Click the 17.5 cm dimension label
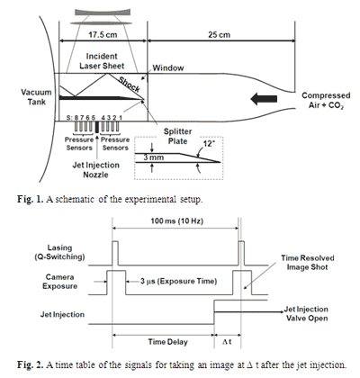coord(103,35)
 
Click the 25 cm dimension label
coord(220,35)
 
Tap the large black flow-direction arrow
coord(264,99)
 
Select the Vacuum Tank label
coord(37,97)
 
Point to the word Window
coord(168,68)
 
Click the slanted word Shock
coord(130,85)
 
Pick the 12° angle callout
coord(209,144)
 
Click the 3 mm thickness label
coord(153,157)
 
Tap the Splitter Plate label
coord(177,136)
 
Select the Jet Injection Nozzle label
coord(95,170)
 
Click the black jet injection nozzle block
coord(97,127)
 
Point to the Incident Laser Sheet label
coord(102,61)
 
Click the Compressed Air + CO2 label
coord(326,101)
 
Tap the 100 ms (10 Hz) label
coord(177,221)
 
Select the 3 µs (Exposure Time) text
coord(178,281)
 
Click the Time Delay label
coord(168,342)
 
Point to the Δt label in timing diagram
coord(227,342)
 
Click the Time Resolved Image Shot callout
coord(308,263)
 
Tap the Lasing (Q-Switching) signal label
coord(59,252)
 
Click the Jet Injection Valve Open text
coord(306,313)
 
